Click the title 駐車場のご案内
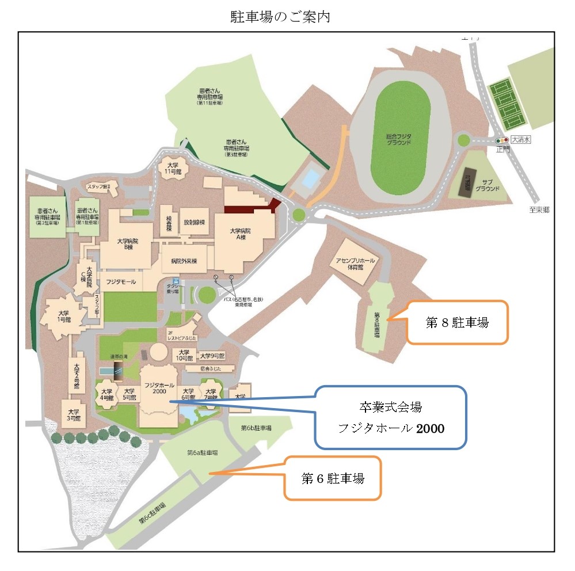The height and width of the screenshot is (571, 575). [x=280, y=17]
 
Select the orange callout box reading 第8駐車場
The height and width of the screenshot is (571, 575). [x=457, y=322]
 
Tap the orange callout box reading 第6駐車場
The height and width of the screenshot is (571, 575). [x=333, y=478]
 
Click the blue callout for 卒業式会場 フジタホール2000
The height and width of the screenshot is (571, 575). [x=390, y=417]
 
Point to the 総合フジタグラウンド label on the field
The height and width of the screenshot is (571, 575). [x=398, y=139]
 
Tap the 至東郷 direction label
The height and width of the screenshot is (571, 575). [x=539, y=210]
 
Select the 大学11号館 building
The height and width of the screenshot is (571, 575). [x=171, y=168]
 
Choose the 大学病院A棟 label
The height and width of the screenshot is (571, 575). [x=244, y=234]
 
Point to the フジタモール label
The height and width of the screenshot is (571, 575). [x=120, y=281]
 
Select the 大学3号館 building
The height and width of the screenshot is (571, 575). [x=73, y=415]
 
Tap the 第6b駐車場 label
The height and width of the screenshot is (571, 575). [x=256, y=428]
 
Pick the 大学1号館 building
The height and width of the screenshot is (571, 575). [x=63, y=315]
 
